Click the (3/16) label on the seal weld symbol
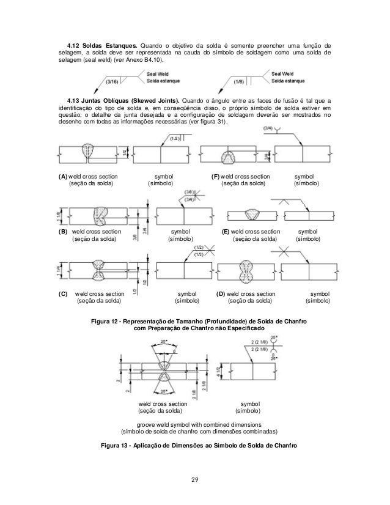tap(113, 80)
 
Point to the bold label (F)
tap(215, 176)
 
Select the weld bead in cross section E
tap(251, 213)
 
